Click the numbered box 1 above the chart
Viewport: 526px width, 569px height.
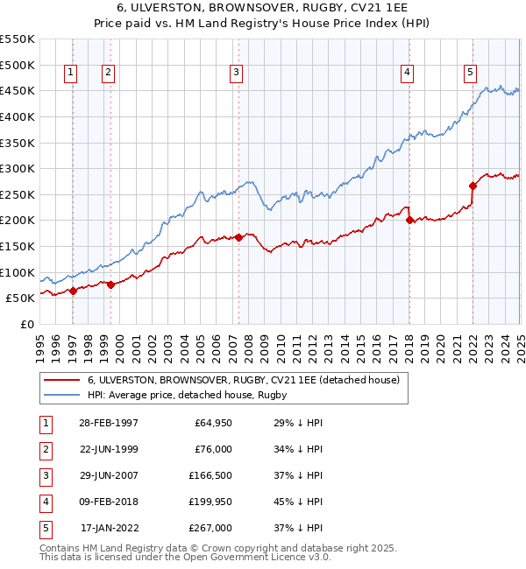pyautogui.click(x=70, y=73)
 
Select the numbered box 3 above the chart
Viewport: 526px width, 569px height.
pyautogui.click(x=237, y=73)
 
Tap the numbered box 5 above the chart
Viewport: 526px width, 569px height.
pyautogui.click(x=471, y=73)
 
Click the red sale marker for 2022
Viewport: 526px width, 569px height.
pyautogui.click(x=473, y=186)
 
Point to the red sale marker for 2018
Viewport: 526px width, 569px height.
pyautogui.click(x=409, y=221)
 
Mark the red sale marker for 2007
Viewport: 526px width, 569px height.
pyautogui.click(x=238, y=237)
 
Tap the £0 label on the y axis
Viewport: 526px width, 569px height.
pyautogui.click(x=26, y=324)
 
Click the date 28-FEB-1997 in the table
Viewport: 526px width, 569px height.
pyautogui.click(x=109, y=423)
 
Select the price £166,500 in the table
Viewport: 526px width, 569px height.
pyautogui.click(x=210, y=475)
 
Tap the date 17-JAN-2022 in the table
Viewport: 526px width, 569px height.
pyautogui.click(x=109, y=528)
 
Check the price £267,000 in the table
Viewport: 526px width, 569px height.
pyautogui.click(x=210, y=528)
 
